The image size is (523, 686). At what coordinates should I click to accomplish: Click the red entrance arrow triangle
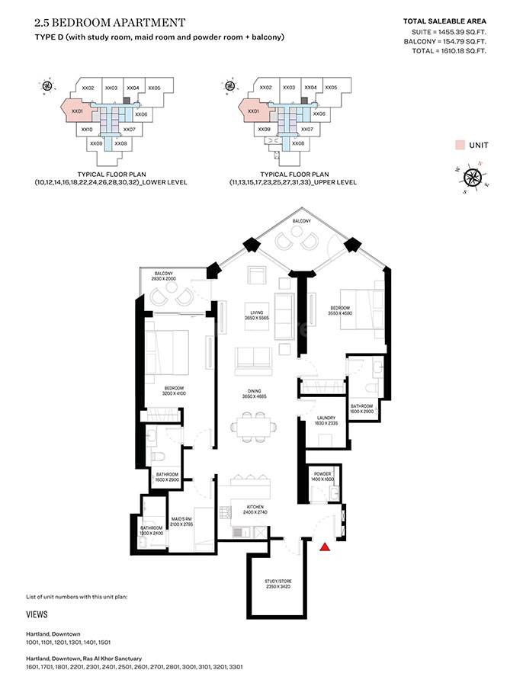(x=326, y=547)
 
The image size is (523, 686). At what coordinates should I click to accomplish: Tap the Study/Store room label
(x=278, y=585)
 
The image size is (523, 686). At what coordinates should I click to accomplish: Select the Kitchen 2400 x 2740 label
(x=254, y=509)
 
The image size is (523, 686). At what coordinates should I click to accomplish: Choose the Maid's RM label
(x=181, y=522)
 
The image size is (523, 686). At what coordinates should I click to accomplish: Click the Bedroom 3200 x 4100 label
(x=175, y=391)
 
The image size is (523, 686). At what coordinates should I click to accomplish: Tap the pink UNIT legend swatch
(x=460, y=145)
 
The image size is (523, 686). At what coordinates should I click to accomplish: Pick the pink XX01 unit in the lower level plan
(x=77, y=112)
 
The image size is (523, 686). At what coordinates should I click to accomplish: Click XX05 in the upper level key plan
(x=330, y=88)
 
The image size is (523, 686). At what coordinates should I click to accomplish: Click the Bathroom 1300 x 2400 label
(x=151, y=531)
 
